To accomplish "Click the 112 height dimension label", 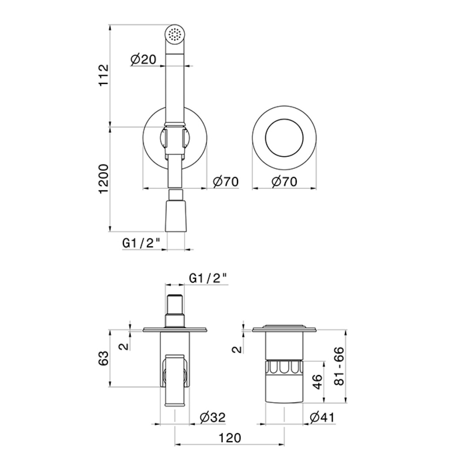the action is click(x=104, y=75).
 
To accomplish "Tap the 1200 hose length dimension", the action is click(x=104, y=179).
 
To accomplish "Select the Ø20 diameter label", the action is click(x=143, y=60).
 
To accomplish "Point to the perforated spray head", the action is click(x=174, y=33).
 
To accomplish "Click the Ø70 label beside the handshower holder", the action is click(x=226, y=182).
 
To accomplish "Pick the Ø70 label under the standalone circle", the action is click(x=284, y=182).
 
